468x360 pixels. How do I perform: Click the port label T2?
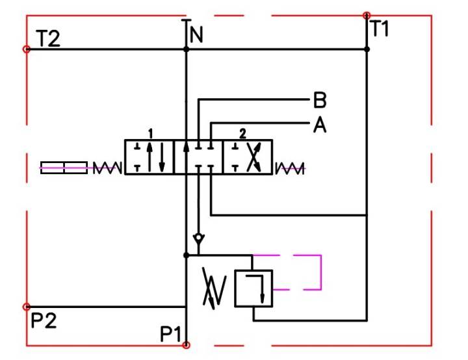[x=48, y=39]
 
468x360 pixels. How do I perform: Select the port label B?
[x=319, y=101]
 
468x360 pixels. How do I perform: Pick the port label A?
[x=319, y=125]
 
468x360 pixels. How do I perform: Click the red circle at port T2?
[x=26, y=49]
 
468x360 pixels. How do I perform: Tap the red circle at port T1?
[x=367, y=14]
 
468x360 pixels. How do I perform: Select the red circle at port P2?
[x=26, y=307]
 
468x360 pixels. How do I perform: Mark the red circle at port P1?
[x=186, y=345]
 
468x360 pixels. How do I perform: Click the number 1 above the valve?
[x=150, y=133]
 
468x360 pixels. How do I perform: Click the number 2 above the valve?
[x=242, y=134]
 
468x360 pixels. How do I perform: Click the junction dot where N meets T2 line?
[x=187, y=49]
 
